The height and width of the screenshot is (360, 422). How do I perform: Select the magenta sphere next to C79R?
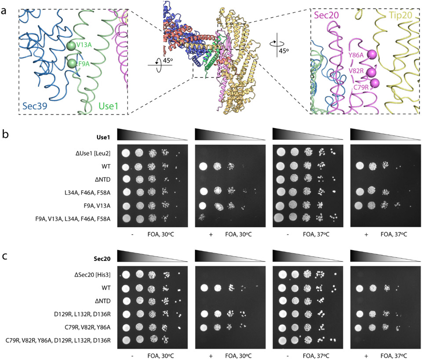pos(375,83)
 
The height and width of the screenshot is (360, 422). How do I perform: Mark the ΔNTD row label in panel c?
pos(103,302)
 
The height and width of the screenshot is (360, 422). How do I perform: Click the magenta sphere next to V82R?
pos(373,72)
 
